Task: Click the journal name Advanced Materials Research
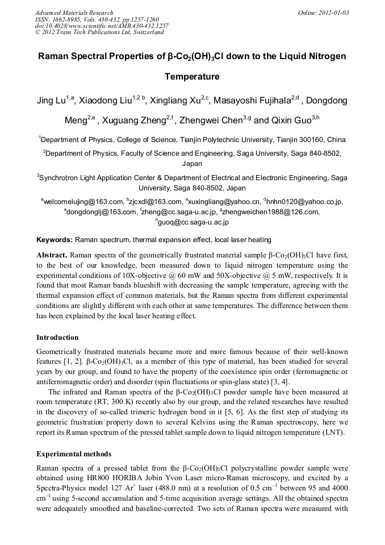pos(74,13)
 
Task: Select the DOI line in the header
pos(102,26)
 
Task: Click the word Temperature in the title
pos(192,76)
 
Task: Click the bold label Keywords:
pos(55,240)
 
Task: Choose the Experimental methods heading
pos(74,454)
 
